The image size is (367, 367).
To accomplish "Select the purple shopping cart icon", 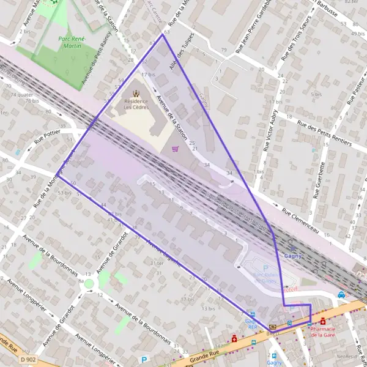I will tap(176, 148).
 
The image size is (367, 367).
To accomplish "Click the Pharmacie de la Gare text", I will tap(324, 332).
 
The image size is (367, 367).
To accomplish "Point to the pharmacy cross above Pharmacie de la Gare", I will tap(323, 321).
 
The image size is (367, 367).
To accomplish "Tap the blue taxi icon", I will tap(341, 294).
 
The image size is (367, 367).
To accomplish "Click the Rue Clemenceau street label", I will tap(302, 220).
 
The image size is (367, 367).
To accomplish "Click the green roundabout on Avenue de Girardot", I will tap(89, 283).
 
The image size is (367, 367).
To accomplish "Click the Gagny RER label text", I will tap(251, 324).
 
